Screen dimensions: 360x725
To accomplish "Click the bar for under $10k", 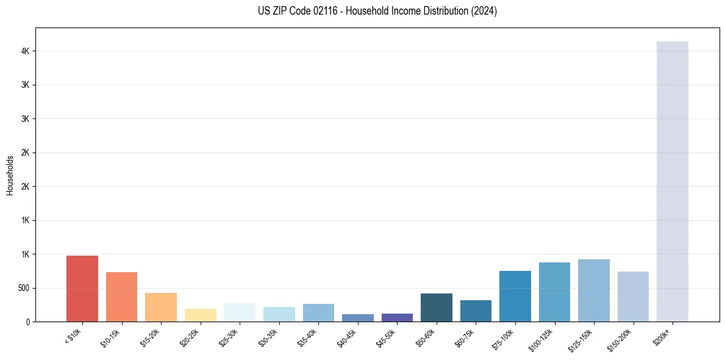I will click(82, 289).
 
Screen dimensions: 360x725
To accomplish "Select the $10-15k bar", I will click(121, 297).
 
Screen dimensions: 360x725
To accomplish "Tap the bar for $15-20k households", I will click(161, 307).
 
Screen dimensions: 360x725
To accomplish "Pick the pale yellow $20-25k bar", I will click(200, 315).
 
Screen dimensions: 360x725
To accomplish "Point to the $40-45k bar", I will click(357, 318).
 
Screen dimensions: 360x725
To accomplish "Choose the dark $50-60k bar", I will click(436, 308).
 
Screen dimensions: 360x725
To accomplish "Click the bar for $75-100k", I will click(515, 297).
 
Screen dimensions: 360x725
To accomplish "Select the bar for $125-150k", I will click(593, 290).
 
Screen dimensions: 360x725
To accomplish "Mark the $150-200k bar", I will click(633, 297).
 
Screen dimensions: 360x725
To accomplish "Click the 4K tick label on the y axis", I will click(24, 51).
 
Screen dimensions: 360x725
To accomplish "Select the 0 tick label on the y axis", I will click(28, 322).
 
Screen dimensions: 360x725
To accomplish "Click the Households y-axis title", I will click(10, 175).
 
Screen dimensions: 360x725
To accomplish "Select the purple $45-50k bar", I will click(397, 317).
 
